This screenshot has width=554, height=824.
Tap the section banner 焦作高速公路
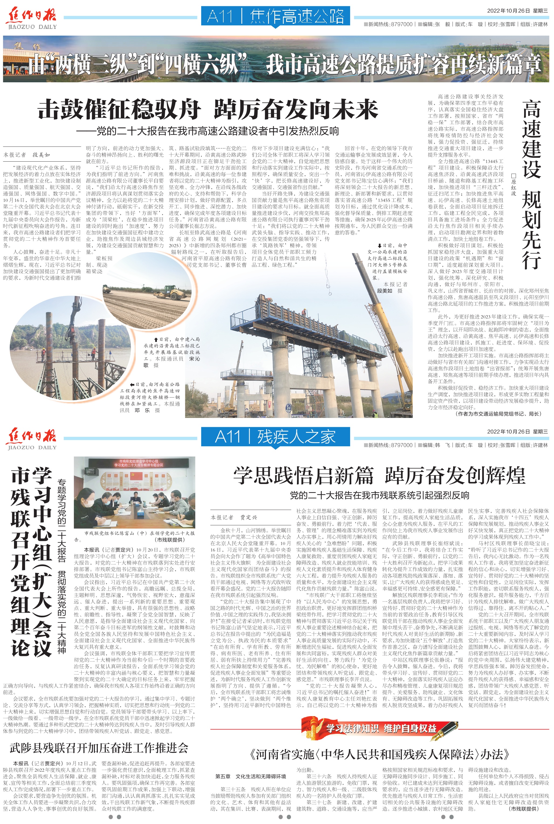276,16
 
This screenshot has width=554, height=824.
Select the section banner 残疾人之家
276,437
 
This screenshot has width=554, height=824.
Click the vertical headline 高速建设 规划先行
531,184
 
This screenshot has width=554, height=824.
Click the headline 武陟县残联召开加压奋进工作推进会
99,748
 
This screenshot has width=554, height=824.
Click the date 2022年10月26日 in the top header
508,11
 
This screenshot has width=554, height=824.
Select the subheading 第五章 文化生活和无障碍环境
251,776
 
